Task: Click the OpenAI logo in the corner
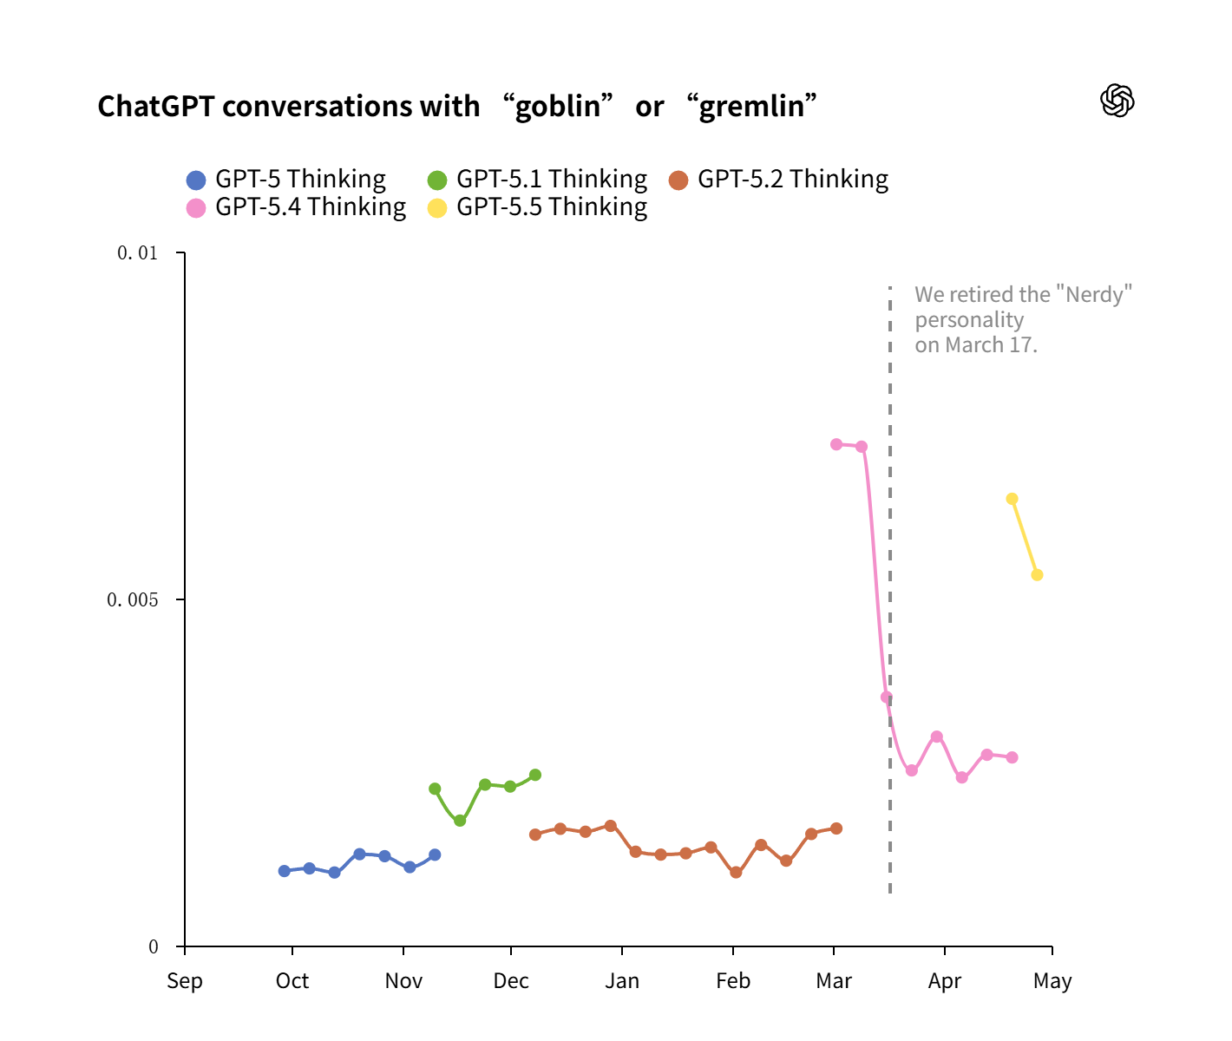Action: [x=1117, y=101]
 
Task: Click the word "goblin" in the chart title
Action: [x=558, y=106]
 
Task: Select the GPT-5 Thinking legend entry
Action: [x=286, y=180]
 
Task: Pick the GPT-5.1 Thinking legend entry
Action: [x=538, y=180]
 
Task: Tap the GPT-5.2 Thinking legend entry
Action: [x=779, y=180]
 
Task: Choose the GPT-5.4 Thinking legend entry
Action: [x=297, y=207]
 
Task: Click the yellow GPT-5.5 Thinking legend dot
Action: [x=437, y=208]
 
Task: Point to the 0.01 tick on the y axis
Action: [x=138, y=252]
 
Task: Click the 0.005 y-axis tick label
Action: [x=133, y=599]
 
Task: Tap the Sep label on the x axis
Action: [x=185, y=981]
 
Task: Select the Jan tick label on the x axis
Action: [x=622, y=981]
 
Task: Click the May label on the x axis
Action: [x=1052, y=981]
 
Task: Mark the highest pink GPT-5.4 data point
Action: [x=836, y=444]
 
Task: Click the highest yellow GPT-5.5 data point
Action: [x=1012, y=499]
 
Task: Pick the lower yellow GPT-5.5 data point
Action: [x=1037, y=575]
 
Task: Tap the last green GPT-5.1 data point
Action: [x=535, y=775]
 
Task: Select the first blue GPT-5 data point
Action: [x=285, y=871]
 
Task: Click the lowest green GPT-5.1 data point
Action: [x=460, y=821]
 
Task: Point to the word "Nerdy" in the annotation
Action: [x=1098, y=295]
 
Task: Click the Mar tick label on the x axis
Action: [x=834, y=981]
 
